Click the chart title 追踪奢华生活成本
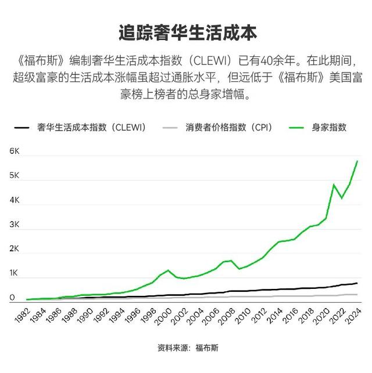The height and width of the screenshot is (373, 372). pyautogui.click(x=186, y=31)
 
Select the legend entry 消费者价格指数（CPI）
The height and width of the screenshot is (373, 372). pyautogui.click(x=229, y=127)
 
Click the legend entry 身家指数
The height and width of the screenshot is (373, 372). pyautogui.click(x=329, y=127)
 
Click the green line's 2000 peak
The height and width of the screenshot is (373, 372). pyautogui.click(x=168, y=270)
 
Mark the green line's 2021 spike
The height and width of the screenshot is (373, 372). pyautogui.click(x=334, y=184)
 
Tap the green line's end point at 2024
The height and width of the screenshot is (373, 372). pyautogui.click(x=357, y=161)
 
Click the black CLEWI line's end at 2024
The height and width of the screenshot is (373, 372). pyautogui.click(x=357, y=283)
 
